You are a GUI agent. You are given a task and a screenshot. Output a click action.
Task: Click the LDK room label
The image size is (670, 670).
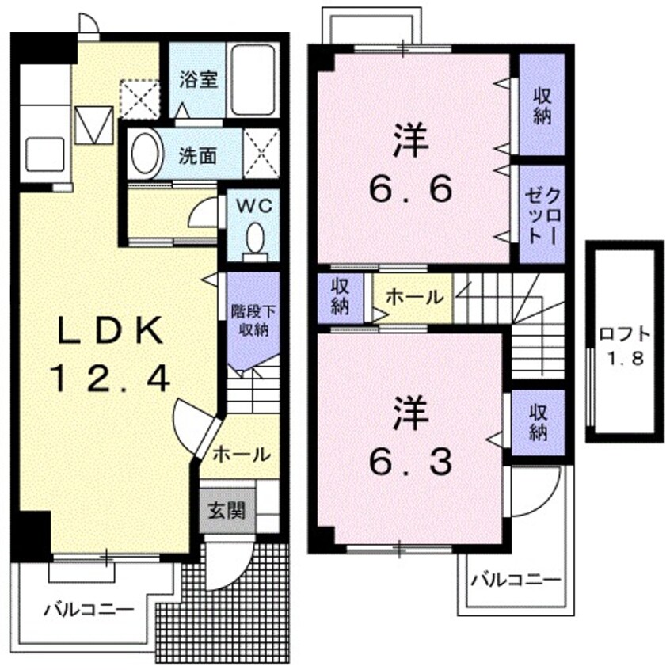[x=110, y=330]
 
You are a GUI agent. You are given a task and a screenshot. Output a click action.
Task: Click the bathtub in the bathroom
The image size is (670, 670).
[x=252, y=79]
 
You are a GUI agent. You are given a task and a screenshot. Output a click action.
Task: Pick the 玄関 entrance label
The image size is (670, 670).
[x=227, y=510]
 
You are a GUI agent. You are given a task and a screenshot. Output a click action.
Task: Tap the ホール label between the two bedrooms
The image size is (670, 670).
[x=414, y=297]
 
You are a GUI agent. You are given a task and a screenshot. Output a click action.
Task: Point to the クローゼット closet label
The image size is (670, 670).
[x=542, y=214]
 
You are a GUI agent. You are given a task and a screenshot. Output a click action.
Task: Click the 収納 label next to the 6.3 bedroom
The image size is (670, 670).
[x=539, y=422]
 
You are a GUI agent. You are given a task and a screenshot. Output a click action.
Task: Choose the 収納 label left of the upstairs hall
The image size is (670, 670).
[x=341, y=297]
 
